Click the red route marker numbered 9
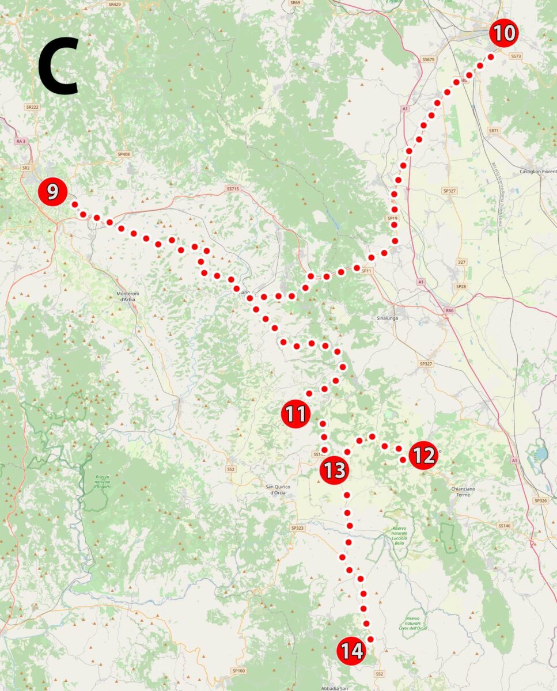[52, 192]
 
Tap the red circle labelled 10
[503, 33]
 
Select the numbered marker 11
[295, 413]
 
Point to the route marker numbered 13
[334, 470]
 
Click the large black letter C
[58, 66]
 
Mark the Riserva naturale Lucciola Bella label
[399, 536]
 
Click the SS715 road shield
[233, 188]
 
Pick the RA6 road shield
[450, 310]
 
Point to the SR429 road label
[115, 4]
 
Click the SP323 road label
[297, 528]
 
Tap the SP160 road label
[238, 670]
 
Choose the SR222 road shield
[32, 107]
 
